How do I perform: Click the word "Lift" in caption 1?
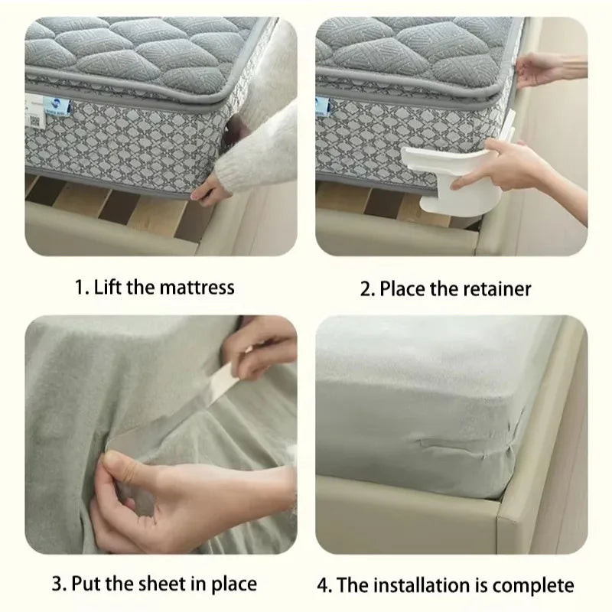pos(109,288)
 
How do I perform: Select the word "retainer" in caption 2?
pos(496,288)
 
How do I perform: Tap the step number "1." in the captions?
pos(80,288)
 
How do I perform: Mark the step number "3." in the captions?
pos(58,585)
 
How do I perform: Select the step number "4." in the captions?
pos(324,585)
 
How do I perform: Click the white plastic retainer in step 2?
pos(444,172)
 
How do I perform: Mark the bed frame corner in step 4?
pos(520,528)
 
